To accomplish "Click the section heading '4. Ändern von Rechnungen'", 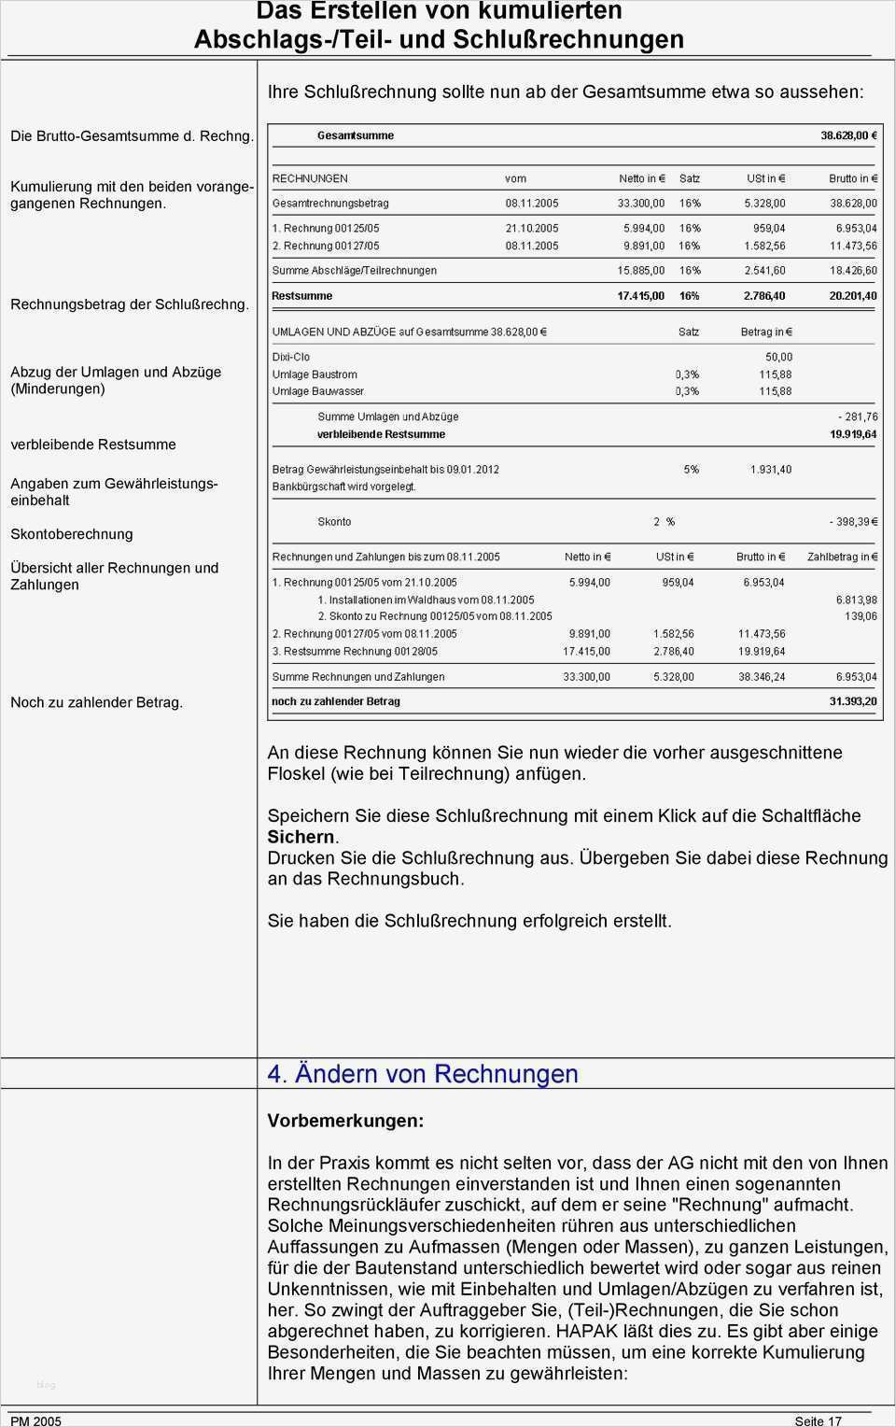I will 423,1074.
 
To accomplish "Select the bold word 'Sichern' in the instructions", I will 301,837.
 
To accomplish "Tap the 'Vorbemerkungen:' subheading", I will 345,1121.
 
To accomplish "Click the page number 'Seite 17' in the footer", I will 818,1420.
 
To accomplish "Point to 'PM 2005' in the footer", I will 35,1420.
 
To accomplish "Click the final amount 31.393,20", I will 853,701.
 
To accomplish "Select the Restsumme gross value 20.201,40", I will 853,296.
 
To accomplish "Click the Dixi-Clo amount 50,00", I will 778,357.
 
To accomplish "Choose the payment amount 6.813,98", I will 856,600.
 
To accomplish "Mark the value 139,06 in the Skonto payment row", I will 861,616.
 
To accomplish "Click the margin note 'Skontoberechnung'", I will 72,534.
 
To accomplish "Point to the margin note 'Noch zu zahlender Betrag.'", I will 96,702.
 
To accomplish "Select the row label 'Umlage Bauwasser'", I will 317,391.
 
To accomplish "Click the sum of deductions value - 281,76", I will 857,417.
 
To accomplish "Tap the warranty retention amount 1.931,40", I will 770,470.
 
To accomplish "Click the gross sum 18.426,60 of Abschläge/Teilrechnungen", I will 853,271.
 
